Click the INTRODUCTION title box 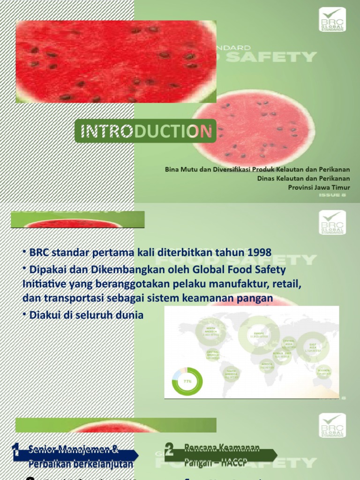[145, 131]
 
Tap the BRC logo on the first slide [332, 20]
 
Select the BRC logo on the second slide [332, 223]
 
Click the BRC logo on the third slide [332, 425]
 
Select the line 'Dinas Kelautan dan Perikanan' [303, 178]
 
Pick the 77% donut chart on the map [187, 381]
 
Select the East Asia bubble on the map [312, 347]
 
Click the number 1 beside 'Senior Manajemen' [16, 451]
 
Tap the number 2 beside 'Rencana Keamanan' [169, 451]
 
